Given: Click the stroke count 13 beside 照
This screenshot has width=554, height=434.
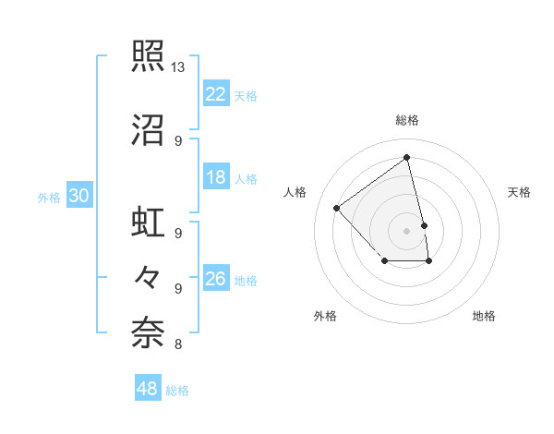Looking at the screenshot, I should tap(178, 67).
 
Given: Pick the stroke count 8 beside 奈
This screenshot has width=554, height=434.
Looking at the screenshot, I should tap(178, 345).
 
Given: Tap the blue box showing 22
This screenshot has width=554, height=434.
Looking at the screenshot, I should tap(216, 93).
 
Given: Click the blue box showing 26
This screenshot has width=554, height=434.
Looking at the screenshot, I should tap(216, 279).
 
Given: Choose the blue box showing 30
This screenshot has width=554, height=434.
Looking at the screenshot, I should tap(78, 196).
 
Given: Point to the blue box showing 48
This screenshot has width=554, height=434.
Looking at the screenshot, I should tap(148, 389).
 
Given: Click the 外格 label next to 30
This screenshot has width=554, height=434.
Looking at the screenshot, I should tap(49, 197).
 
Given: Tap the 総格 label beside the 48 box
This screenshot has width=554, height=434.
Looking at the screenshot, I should tap(177, 391).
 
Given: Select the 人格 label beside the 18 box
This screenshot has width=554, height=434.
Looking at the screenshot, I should tap(246, 178).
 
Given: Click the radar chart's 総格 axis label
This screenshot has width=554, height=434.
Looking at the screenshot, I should tap(407, 120).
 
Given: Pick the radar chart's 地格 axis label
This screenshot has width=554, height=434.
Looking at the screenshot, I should tap(484, 316).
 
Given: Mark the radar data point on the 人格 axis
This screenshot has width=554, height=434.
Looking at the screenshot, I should tap(337, 208).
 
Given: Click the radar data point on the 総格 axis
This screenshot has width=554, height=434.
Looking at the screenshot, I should tap(407, 157).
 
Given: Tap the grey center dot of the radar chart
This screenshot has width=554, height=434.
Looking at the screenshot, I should tap(407, 230).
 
